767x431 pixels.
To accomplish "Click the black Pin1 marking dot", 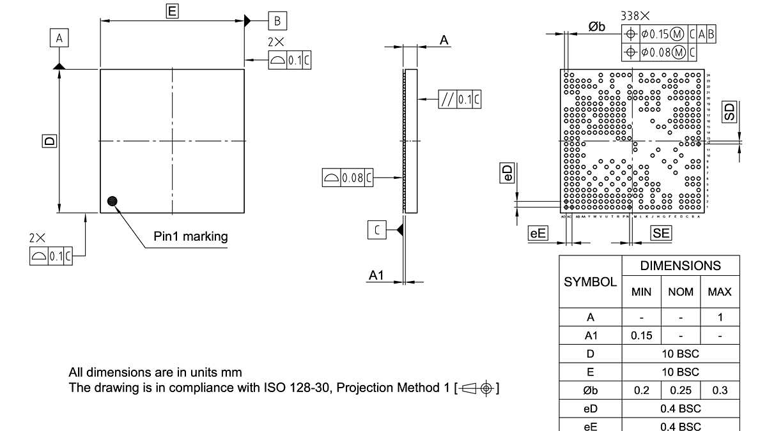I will [x=113, y=201].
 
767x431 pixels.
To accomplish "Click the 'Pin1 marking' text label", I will [x=190, y=237].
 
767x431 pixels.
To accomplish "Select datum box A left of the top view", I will [x=59, y=38].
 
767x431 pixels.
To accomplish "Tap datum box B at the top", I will [x=277, y=20].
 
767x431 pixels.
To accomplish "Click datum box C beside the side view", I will [x=377, y=230].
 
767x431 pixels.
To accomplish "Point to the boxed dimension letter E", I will [x=172, y=10].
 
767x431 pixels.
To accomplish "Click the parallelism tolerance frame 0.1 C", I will [x=460, y=99].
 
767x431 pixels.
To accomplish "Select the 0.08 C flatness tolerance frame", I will [x=347, y=178].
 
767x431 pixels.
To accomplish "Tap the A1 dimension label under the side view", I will [x=376, y=275].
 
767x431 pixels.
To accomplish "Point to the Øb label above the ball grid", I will [x=596, y=26].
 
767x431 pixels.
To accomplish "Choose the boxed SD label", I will [x=729, y=112].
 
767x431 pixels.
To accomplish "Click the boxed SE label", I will [x=661, y=234].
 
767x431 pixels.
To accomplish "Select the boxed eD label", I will [x=507, y=173].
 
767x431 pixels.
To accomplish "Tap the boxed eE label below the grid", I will [x=538, y=234].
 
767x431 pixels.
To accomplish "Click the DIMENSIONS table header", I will [x=680, y=266].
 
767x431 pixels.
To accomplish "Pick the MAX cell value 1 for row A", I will [x=720, y=317].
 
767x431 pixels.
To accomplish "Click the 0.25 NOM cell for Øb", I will [x=681, y=390].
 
